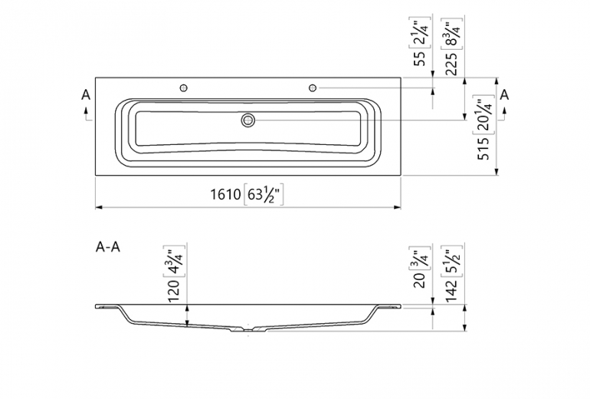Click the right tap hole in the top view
[313, 88]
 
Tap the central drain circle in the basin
[247, 120]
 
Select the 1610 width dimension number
[226, 195]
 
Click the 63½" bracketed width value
[264, 195]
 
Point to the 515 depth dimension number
[483, 147]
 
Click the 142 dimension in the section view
[451, 286]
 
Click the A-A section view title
[107, 247]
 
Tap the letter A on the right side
[504, 94]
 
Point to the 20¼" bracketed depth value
[483, 114]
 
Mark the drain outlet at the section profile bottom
[247, 331]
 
